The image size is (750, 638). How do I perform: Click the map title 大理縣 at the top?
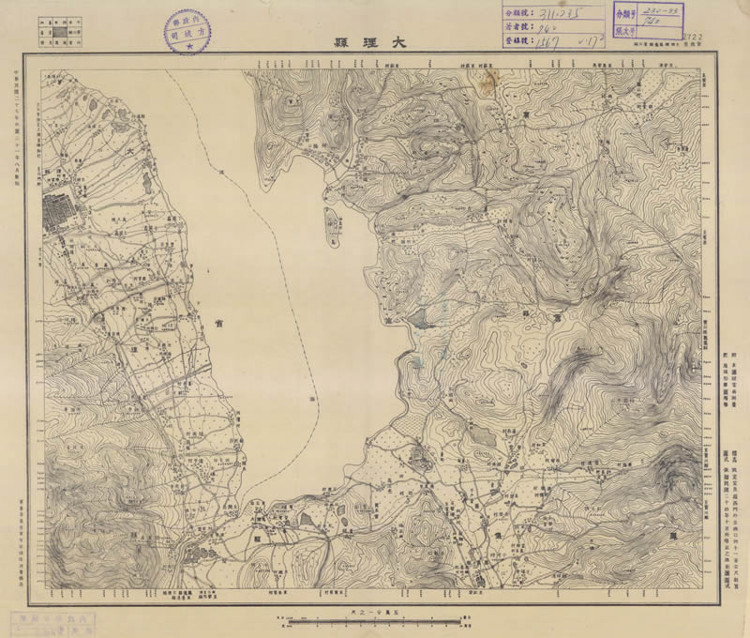(x=374, y=41)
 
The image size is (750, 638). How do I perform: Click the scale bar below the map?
(x=375, y=619)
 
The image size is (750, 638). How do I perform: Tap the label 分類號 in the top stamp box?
(x=515, y=13)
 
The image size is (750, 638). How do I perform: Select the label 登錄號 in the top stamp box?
(x=515, y=42)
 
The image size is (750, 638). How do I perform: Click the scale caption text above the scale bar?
(x=375, y=610)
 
